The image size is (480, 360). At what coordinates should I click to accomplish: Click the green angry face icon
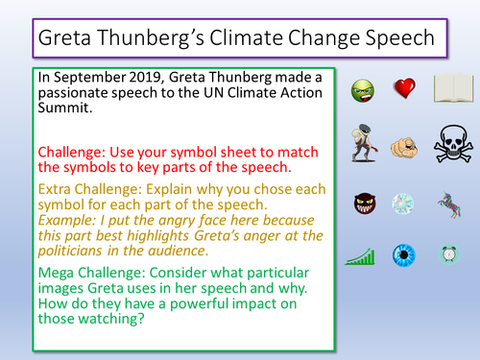[359, 91]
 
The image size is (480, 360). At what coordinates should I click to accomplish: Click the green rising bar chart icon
[359, 254]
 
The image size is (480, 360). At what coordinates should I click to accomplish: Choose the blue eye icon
[404, 254]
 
